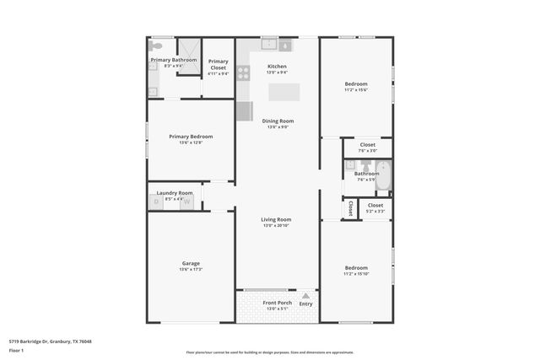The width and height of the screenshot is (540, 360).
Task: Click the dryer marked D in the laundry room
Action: pyautogui.click(x=156, y=202)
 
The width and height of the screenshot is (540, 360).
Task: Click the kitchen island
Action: pyautogui.click(x=283, y=92)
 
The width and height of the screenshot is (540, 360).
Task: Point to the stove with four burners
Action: pyautogui.click(x=242, y=73)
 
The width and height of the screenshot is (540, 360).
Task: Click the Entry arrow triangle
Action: pyautogui.click(x=305, y=296)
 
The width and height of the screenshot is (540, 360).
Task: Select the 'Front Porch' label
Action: pyautogui.click(x=277, y=303)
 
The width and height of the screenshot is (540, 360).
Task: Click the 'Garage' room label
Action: pyautogui.click(x=191, y=263)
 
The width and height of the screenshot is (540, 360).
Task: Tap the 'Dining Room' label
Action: pyautogui.click(x=277, y=121)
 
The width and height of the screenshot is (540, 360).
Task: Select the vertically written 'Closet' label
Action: pyautogui.click(x=348, y=207)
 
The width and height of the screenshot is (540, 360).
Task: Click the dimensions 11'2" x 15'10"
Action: pyautogui.click(x=355, y=274)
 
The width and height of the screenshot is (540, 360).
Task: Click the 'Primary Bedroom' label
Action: pyautogui.click(x=191, y=137)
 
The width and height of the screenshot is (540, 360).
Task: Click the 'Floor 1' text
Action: pyautogui.click(x=17, y=350)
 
